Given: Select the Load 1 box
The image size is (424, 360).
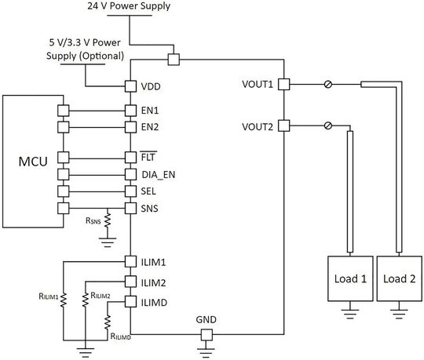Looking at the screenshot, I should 348,278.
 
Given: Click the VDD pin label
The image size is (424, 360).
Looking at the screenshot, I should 152,85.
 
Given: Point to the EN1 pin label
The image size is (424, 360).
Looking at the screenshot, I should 151,111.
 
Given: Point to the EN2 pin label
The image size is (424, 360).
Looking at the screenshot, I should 151,125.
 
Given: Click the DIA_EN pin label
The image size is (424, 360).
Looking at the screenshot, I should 159,174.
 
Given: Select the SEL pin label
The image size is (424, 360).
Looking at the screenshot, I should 149,191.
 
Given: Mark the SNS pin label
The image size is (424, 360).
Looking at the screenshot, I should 150,208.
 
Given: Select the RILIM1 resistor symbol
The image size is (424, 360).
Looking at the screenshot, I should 64,299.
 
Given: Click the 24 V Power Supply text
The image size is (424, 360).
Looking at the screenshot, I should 130,7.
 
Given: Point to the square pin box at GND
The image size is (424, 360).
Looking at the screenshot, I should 207,336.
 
